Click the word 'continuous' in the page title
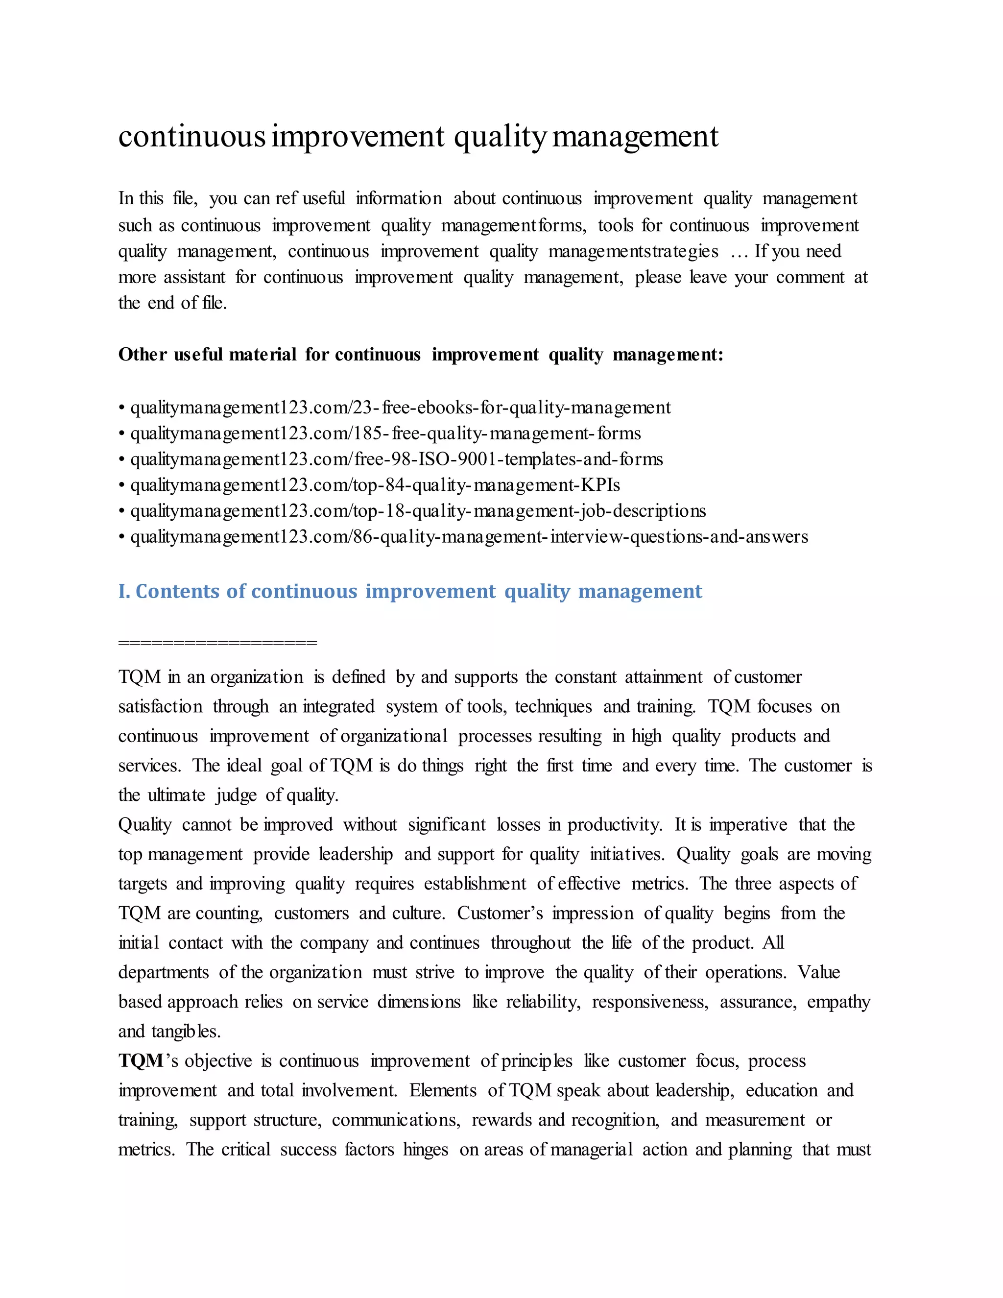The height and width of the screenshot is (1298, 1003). [191, 136]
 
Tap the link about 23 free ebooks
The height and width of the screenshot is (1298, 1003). [400, 408]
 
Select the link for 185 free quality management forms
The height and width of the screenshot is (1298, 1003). [385, 433]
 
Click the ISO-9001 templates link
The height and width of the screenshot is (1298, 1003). [396, 459]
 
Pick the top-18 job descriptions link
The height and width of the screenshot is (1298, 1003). [418, 511]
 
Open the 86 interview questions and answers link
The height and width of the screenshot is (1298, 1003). [469, 537]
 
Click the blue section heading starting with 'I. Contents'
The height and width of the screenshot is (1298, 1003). [410, 591]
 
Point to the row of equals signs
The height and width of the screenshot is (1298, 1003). [217, 643]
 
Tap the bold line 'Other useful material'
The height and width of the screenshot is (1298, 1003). [421, 355]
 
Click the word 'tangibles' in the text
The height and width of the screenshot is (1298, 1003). [186, 1032]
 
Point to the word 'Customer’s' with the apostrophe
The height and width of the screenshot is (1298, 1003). [500, 913]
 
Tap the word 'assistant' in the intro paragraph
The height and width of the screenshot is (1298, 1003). [194, 278]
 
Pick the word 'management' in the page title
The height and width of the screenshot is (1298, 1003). [635, 136]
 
